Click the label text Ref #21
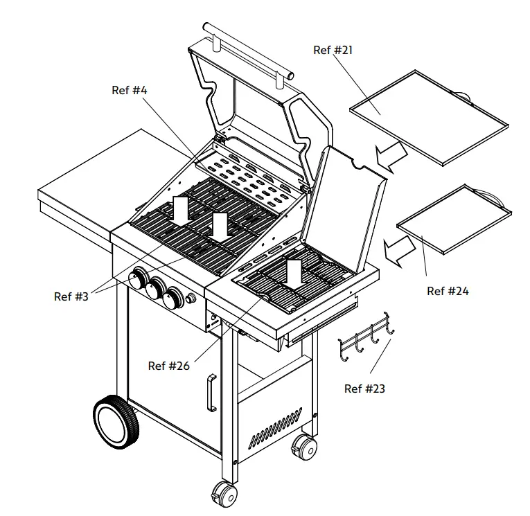pyautogui.click(x=333, y=50)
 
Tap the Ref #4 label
pyautogui.click(x=130, y=90)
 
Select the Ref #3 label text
pyautogui.click(x=71, y=296)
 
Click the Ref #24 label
pyautogui.click(x=448, y=291)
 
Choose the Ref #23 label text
pyautogui.click(x=364, y=388)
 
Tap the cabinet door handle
pyautogui.click(x=211, y=392)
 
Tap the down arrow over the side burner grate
pyautogui.click(x=294, y=273)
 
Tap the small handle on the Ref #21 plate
pyautogui.click(x=460, y=94)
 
